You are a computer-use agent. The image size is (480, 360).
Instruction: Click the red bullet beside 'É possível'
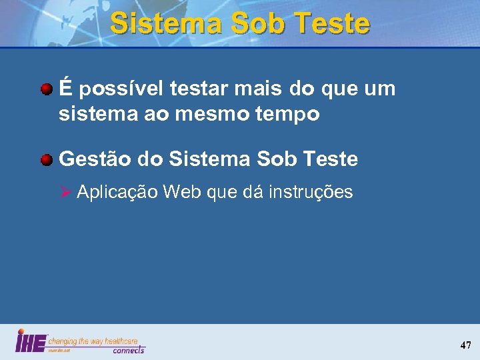coord(47,88)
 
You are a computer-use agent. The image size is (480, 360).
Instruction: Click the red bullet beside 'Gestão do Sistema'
coord(47,159)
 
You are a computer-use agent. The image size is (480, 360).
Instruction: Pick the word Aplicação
coord(117,193)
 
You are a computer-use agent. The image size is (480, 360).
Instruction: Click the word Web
coord(182,193)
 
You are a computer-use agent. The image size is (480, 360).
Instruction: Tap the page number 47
coord(465,345)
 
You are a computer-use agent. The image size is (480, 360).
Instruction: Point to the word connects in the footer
coord(129,350)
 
